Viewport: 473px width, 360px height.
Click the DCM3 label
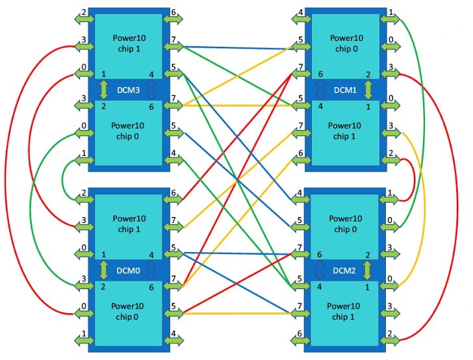point(129,90)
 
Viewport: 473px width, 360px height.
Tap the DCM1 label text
point(345,90)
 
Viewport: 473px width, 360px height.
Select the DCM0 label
point(128,270)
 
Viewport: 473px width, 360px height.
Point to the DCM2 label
point(344,270)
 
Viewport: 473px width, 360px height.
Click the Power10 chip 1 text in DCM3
point(129,43)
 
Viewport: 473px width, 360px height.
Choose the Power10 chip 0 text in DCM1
point(346,43)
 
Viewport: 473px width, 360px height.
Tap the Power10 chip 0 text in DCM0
point(127,311)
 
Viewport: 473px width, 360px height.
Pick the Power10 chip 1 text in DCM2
point(343,311)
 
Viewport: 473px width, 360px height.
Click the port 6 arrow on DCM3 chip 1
point(173,19)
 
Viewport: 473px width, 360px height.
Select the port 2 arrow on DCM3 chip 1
point(84,19)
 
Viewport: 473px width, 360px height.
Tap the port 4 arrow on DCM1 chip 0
point(301,19)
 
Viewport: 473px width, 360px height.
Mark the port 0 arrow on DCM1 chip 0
point(390,47)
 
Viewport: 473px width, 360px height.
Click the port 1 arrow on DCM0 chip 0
point(84,341)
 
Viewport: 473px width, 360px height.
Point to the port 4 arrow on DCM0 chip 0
point(173,341)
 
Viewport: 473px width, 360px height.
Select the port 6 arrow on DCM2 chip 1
point(300,341)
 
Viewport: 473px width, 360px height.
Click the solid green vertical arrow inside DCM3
point(104,90)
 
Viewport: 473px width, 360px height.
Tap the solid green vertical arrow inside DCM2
point(367,270)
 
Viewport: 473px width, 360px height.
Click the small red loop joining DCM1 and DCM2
point(414,179)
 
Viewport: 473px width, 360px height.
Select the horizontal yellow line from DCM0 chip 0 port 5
point(237,314)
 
